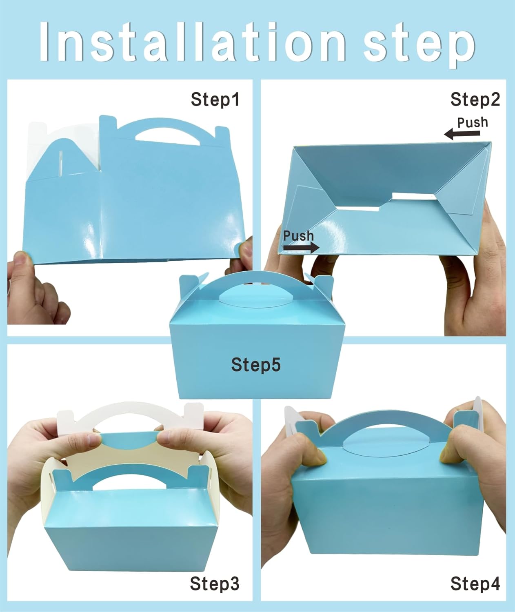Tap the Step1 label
[x=215, y=100]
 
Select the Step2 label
[x=475, y=100]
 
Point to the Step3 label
[x=214, y=584]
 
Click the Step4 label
[x=475, y=584]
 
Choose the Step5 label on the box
[x=256, y=364]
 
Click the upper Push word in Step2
[x=472, y=122]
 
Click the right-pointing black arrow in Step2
[x=301, y=247]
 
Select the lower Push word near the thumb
[x=298, y=236]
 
